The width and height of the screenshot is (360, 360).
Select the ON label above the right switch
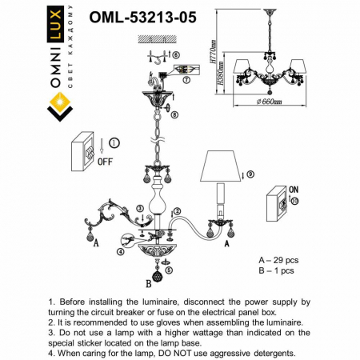pyautogui.click(x=293, y=190)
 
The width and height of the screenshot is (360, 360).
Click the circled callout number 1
pyautogui.click(x=114, y=143)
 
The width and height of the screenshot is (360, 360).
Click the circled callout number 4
pyautogui.click(x=120, y=251)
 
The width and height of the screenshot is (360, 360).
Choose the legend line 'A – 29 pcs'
pyautogui.click(x=280, y=261)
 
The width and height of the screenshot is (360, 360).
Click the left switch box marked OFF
pyautogui.click(x=86, y=150)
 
